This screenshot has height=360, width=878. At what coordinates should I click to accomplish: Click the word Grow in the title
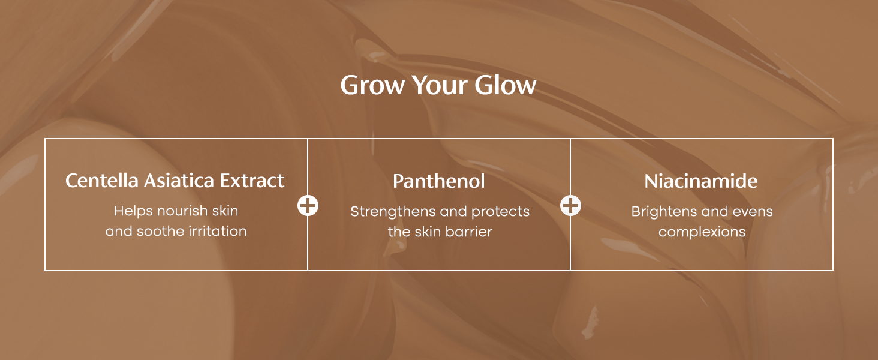372,85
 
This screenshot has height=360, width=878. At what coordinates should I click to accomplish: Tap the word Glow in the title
505,85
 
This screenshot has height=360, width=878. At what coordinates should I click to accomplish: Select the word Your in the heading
440,85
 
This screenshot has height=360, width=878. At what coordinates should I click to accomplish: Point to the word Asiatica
179,181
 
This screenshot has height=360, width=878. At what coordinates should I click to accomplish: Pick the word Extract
252,181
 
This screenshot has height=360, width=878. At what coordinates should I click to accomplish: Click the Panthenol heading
439,182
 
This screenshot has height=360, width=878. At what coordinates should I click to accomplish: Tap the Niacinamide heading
701,182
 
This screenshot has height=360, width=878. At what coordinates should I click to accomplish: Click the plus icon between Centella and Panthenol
308,205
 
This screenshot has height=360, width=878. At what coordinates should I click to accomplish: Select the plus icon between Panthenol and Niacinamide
570,205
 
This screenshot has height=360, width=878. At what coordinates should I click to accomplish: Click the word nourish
182,211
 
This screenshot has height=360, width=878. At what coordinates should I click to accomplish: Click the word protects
500,212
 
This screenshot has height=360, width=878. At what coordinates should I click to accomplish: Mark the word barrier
469,232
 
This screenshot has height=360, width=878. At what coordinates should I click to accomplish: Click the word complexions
702,233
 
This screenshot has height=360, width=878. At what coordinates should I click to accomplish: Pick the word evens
753,212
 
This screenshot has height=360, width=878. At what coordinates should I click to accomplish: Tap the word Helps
133,211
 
